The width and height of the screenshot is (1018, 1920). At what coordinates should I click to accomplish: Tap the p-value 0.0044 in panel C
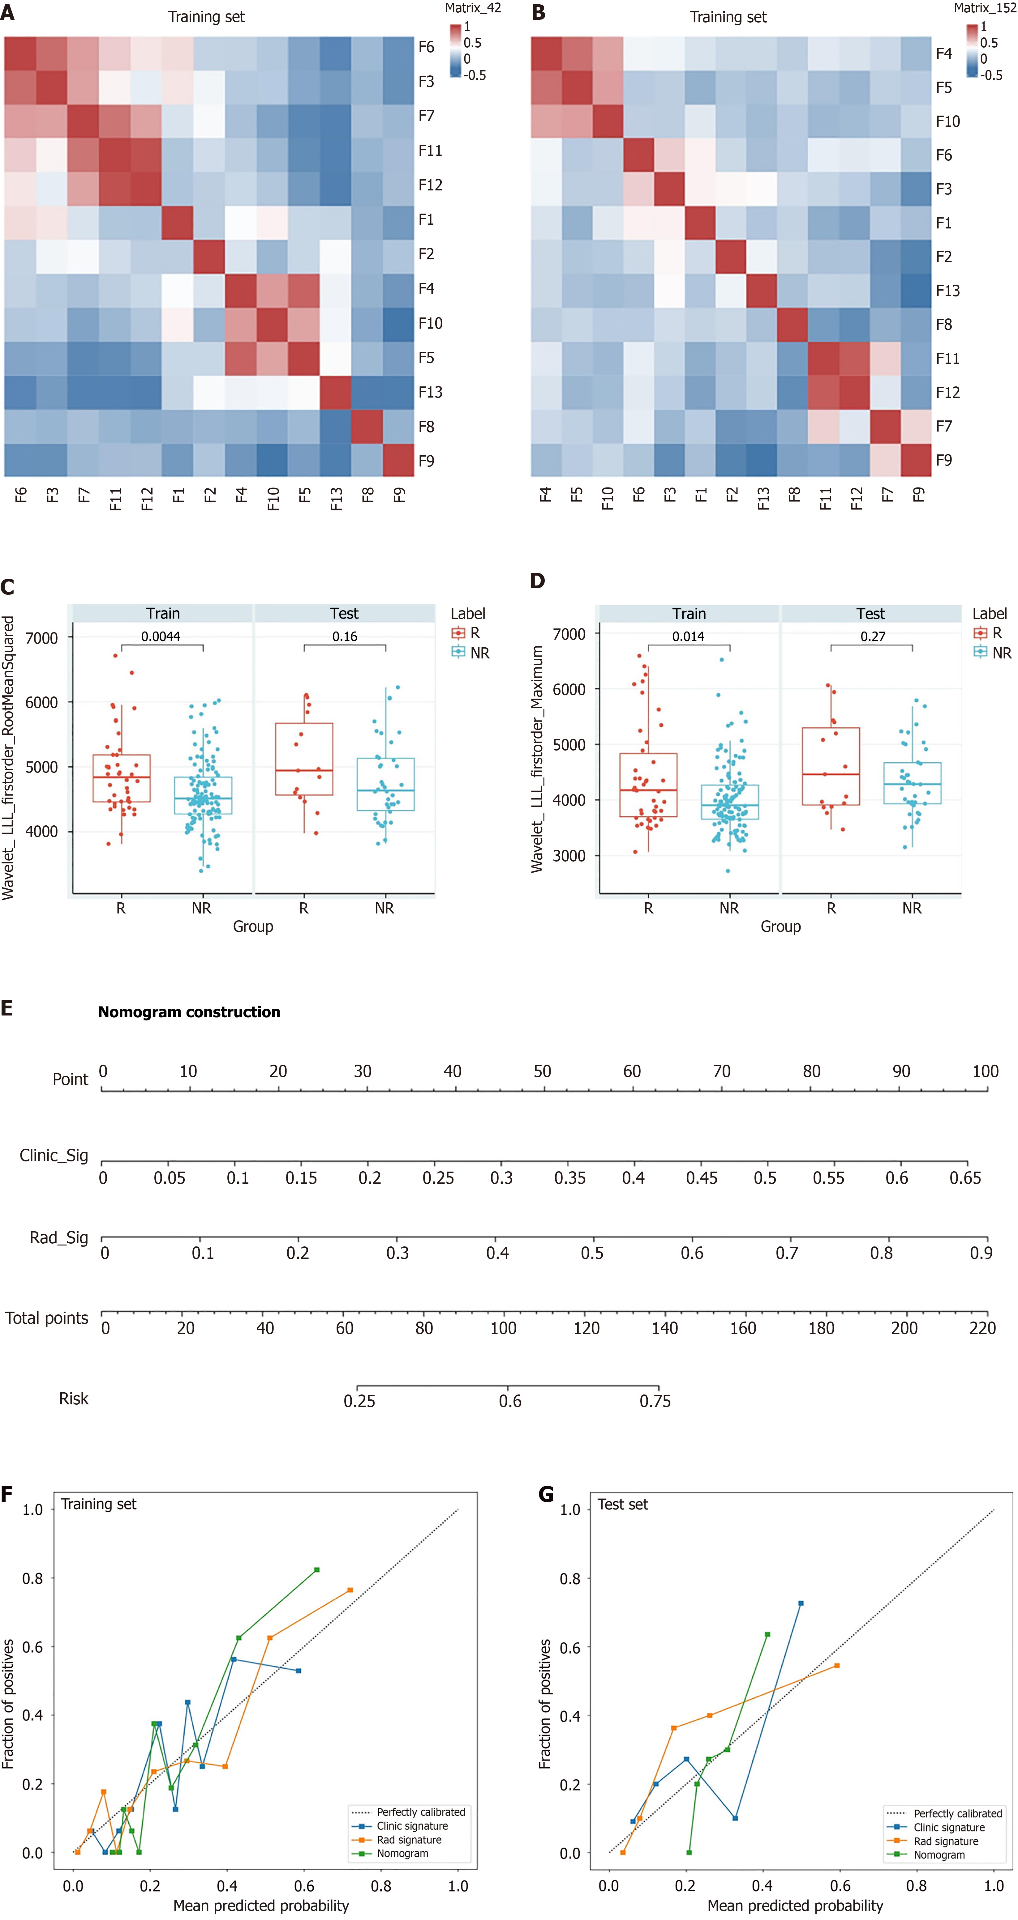click(161, 636)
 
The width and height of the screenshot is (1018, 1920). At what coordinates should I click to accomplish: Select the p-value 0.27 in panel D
click(873, 636)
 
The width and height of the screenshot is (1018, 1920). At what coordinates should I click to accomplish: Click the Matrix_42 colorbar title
click(473, 8)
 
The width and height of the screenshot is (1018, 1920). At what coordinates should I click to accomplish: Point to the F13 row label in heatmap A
click(430, 392)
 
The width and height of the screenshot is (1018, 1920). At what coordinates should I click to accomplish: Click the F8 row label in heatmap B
click(944, 324)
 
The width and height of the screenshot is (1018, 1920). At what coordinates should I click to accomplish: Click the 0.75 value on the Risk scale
click(655, 1401)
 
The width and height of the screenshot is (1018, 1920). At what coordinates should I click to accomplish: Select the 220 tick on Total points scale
click(982, 1328)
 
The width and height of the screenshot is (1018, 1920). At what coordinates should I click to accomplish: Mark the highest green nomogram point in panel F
click(317, 1570)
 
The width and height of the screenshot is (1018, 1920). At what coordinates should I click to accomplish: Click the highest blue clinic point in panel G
click(801, 1603)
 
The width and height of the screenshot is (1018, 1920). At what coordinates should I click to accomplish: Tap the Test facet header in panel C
click(344, 613)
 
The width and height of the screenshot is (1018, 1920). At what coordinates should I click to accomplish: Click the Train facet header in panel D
click(688, 613)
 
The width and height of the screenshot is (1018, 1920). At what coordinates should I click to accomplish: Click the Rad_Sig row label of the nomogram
click(59, 1238)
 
